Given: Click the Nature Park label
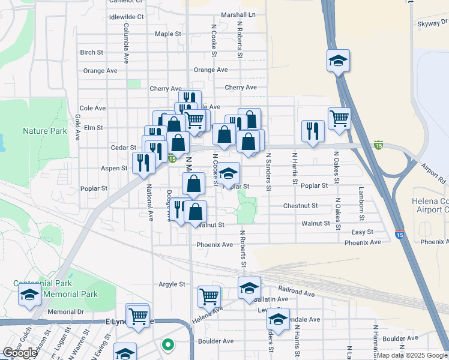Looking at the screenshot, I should (44, 130).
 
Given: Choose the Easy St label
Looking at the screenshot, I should (362, 232).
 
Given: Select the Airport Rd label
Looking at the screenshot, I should (433, 173).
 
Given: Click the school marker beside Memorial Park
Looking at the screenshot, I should (29, 295).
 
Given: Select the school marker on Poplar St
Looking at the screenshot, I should (228, 173).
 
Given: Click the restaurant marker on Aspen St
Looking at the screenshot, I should (143, 163).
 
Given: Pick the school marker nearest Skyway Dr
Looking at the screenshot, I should (339, 60).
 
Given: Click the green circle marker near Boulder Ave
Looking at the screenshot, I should (168, 345).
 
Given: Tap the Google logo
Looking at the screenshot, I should (20, 353).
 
